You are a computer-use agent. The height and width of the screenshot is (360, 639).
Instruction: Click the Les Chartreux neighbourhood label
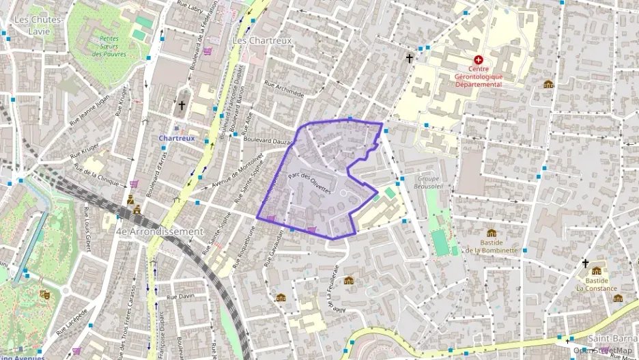click(261, 40)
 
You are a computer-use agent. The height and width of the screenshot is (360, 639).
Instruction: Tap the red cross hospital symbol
click(478, 60)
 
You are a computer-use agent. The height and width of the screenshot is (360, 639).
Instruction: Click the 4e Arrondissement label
click(160, 232)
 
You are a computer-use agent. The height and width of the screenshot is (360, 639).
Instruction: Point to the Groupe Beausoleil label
click(429, 182)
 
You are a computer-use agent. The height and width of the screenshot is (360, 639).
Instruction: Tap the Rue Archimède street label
click(283, 89)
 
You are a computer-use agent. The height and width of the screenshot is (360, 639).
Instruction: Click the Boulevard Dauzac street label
click(268, 141)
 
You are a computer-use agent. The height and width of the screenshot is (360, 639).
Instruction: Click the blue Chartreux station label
click(177, 137)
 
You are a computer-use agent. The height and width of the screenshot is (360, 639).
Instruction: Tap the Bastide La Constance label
click(591, 283)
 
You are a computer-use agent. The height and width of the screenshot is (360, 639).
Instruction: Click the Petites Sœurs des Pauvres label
click(109, 46)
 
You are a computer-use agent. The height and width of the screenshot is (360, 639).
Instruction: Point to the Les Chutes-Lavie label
click(38, 25)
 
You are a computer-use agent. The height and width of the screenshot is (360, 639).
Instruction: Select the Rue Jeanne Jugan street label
click(93, 105)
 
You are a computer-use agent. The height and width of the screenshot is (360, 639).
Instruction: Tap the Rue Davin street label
click(181, 296)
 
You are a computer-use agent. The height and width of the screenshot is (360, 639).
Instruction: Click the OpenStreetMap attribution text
click(605, 350)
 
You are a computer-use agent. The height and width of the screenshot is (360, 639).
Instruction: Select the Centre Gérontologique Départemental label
click(478, 77)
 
